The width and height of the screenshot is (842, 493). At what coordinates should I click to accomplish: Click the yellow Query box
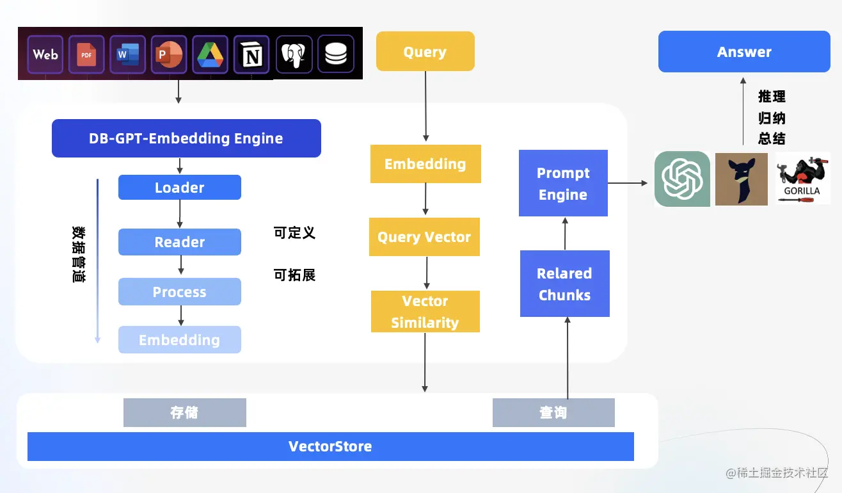pyautogui.click(x=425, y=51)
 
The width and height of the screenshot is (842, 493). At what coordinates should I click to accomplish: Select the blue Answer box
pyautogui.click(x=744, y=52)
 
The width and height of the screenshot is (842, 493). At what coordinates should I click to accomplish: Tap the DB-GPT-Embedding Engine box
pyautogui.click(x=186, y=138)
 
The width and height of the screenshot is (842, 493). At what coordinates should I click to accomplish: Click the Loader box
pyautogui.click(x=180, y=188)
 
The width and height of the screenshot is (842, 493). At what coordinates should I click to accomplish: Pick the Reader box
pyautogui.click(x=180, y=242)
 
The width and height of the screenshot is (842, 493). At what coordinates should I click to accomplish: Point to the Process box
pyautogui.click(x=180, y=292)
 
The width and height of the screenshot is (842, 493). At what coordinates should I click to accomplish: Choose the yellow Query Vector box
pyautogui.click(x=424, y=238)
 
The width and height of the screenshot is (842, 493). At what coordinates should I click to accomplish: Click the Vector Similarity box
pyautogui.click(x=425, y=312)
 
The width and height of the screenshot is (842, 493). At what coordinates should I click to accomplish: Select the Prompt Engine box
pyautogui.click(x=563, y=184)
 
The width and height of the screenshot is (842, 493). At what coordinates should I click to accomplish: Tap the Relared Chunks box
pyautogui.click(x=564, y=284)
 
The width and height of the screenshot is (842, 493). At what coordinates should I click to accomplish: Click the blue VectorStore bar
pyautogui.click(x=330, y=446)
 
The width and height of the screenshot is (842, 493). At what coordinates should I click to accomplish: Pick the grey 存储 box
pyautogui.click(x=184, y=413)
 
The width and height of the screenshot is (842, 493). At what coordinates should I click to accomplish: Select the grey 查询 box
pyautogui.click(x=553, y=413)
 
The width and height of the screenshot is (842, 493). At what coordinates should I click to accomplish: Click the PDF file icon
pyautogui.click(x=86, y=54)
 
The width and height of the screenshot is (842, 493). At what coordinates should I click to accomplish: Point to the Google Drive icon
pyautogui.click(x=210, y=54)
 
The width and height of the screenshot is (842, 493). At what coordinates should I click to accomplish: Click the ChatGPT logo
pyautogui.click(x=682, y=179)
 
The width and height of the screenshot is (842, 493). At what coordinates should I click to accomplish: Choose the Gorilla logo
pyautogui.click(x=802, y=179)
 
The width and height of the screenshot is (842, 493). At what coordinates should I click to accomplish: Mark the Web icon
pyautogui.click(x=45, y=54)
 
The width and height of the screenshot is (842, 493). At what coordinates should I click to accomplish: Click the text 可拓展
pyautogui.click(x=294, y=275)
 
